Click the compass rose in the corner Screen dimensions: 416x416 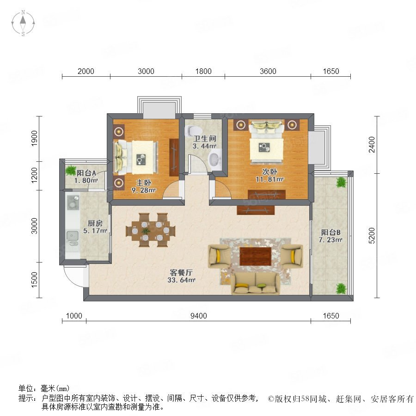pyautogui.click(x=23, y=23)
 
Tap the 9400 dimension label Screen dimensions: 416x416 pyautogui.click(x=199, y=316)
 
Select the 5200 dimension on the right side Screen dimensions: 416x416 pyautogui.click(x=372, y=236)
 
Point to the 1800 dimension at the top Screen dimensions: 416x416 pyautogui.click(x=203, y=71)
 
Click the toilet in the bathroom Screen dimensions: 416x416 pyautogui.click(x=193, y=130)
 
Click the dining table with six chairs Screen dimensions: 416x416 pyautogui.click(x=150, y=230)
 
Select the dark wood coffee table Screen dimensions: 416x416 pyautogui.click(x=255, y=256)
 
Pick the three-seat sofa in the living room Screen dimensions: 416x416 pyautogui.click(x=255, y=283)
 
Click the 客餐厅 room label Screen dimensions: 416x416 pyautogui.click(x=181, y=272)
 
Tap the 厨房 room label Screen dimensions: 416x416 pyautogui.click(x=95, y=223)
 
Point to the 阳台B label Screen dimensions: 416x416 pyautogui.click(x=330, y=232)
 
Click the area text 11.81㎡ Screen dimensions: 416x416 pyautogui.click(x=269, y=179)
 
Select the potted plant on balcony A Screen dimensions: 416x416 pyautogui.click(x=71, y=170)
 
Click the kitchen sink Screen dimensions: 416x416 pyautogui.click(x=72, y=238)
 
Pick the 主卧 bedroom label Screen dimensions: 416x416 pyautogui.click(x=144, y=183)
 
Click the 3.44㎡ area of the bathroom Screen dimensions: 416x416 pyautogui.click(x=204, y=146)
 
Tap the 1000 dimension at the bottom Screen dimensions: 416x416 pyautogui.click(x=74, y=316)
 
